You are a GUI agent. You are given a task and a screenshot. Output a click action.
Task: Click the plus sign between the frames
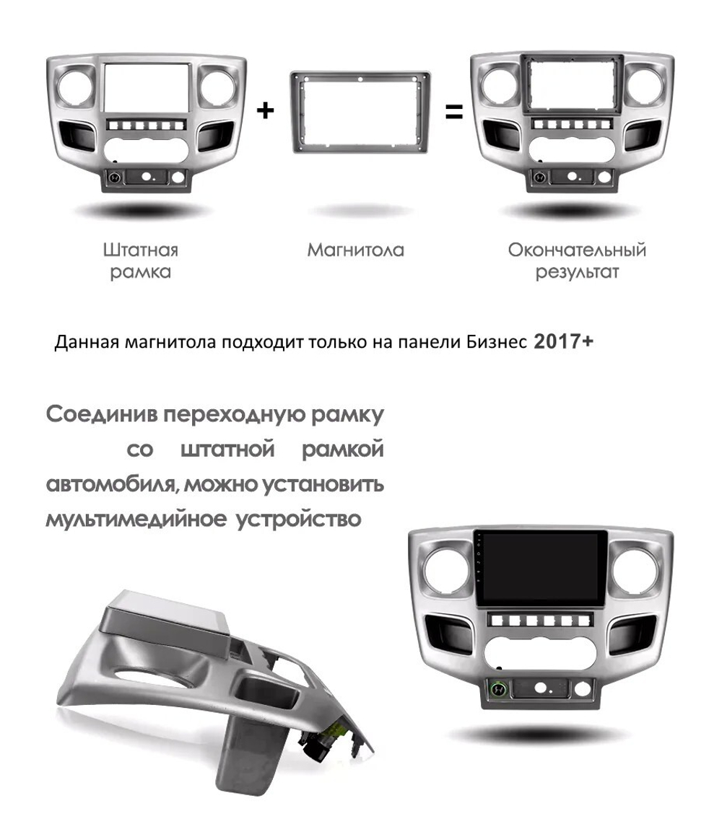(266, 110)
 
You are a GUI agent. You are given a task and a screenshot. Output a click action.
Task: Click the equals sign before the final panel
(453, 112)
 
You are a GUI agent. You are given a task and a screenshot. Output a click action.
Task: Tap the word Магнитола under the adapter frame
(355, 250)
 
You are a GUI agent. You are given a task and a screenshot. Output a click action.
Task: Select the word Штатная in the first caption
(140, 250)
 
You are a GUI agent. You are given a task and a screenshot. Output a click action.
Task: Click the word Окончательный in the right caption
(576, 250)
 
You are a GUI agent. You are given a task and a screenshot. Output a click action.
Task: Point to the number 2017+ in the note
(563, 341)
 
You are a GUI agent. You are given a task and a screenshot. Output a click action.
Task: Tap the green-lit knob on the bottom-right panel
(498, 689)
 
